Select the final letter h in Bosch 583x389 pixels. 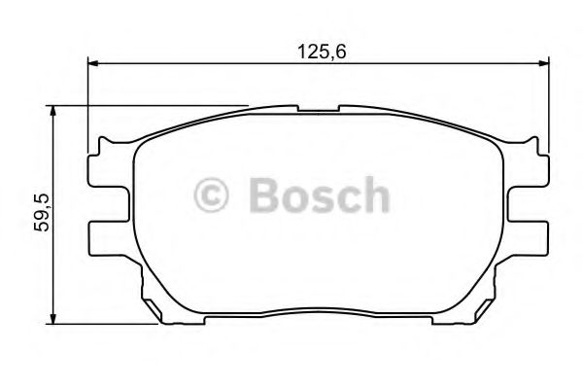tap(375, 194)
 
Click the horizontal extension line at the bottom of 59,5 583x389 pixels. tap(107, 323)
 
